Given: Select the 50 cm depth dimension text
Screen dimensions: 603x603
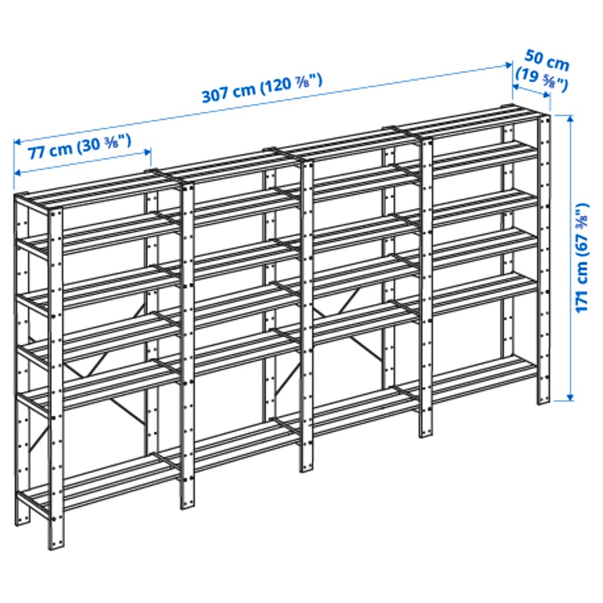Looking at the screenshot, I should click(547, 64).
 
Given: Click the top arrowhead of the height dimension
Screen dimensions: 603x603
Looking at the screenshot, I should click(570, 118).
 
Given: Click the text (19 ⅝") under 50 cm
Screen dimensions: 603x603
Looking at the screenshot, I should click(540, 81).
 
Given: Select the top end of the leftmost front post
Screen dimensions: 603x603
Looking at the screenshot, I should click(55, 213).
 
